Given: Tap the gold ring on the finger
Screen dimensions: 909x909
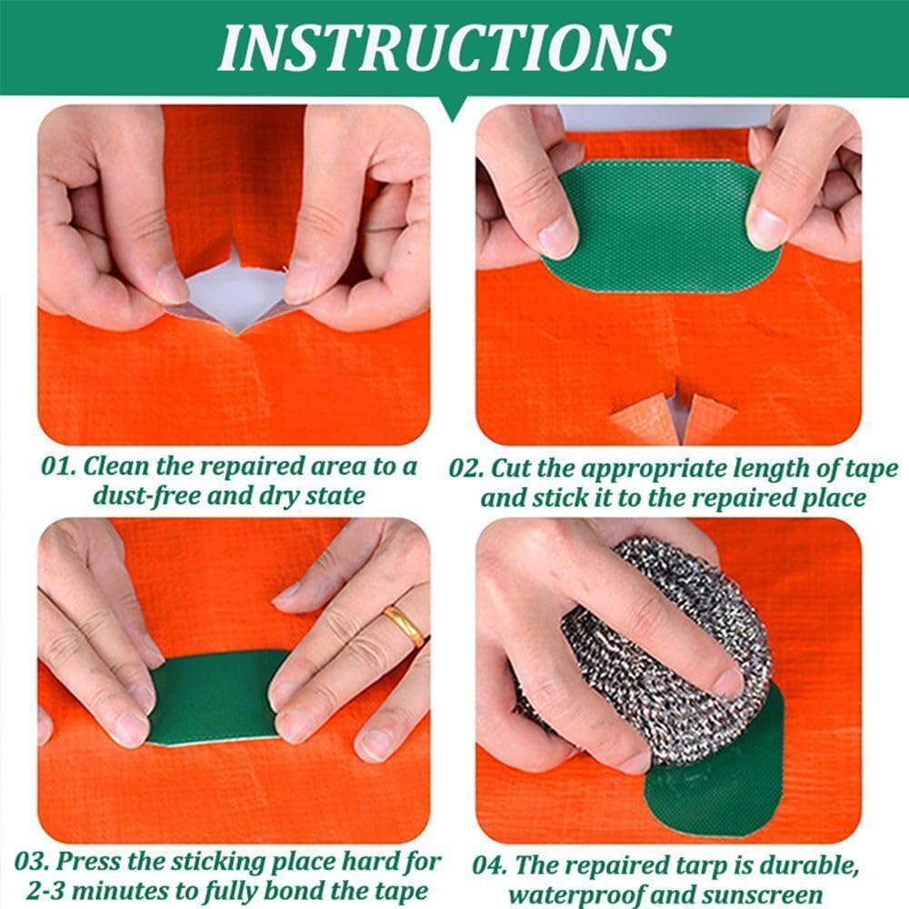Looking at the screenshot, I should pyautogui.click(x=404, y=625).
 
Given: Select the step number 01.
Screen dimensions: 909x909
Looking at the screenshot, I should pyautogui.click(x=60, y=466).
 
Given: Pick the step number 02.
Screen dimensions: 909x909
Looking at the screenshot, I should pyautogui.click(x=467, y=469).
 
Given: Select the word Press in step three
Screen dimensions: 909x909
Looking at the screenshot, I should pyautogui.click(x=96, y=861).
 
